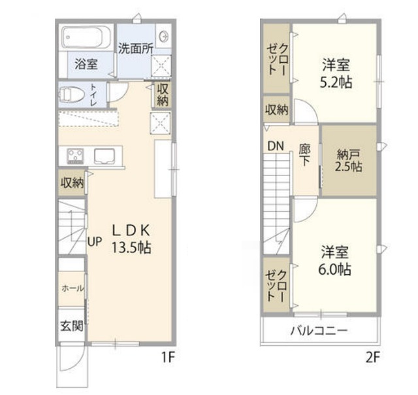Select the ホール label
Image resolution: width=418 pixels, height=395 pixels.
71,288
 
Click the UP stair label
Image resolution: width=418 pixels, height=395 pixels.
95,240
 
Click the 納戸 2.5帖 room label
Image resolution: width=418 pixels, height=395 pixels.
349,160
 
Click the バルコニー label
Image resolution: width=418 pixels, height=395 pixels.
319,330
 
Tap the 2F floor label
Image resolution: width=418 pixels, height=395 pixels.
372,358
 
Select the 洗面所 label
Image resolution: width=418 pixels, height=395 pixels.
135,48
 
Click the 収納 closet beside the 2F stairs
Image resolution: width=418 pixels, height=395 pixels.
276,109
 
